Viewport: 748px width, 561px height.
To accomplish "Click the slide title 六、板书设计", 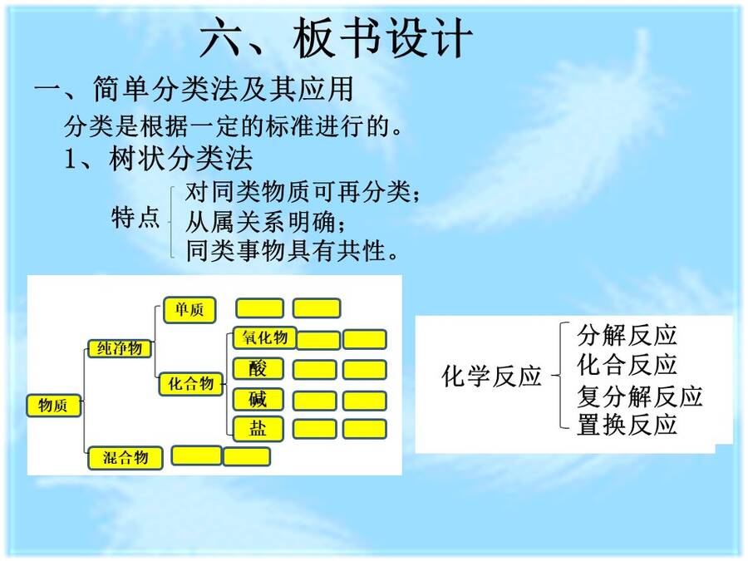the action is click(x=336, y=38).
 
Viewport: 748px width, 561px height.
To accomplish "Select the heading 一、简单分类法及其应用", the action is click(x=194, y=89).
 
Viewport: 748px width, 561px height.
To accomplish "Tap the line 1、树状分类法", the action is click(x=159, y=159).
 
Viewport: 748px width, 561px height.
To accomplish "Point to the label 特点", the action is click(x=135, y=218).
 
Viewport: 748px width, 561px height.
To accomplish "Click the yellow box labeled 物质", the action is click(x=53, y=406).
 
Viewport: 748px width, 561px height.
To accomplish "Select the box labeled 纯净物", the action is click(x=120, y=348).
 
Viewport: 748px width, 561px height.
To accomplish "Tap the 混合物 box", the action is click(x=125, y=458).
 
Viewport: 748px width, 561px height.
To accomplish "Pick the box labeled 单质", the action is click(x=189, y=310).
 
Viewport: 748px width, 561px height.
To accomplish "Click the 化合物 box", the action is click(x=191, y=384).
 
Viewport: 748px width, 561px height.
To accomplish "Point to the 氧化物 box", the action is click(x=264, y=337).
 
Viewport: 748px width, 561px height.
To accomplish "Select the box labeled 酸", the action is click(x=258, y=369).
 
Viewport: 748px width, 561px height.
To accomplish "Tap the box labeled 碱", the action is click(x=258, y=399).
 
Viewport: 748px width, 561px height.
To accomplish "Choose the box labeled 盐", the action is click(x=258, y=428).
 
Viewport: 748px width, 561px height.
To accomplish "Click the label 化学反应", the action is click(x=491, y=376).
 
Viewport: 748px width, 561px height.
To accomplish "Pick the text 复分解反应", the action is click(x=640, y=396).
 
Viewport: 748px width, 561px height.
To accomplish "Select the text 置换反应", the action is click(x=627, y=425).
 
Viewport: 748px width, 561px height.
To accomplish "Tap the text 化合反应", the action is click(x=627, y=365).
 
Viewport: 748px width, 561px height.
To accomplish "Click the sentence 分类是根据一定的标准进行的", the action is click(x=227, y=126).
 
